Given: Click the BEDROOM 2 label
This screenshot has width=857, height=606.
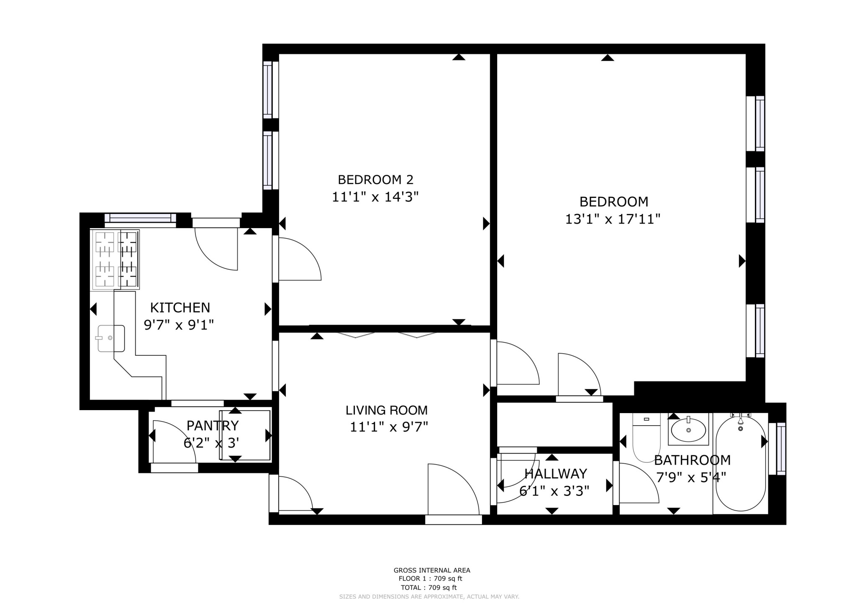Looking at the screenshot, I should point(375,180).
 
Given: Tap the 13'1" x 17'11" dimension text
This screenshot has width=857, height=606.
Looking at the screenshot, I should point(613,219).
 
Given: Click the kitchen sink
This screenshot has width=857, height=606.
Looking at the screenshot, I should point(111,338).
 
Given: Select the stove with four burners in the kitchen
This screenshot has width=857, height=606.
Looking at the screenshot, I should point(115,259).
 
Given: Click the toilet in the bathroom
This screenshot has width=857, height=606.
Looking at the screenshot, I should point(646,437).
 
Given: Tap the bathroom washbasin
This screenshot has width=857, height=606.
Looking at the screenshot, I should point(688,430).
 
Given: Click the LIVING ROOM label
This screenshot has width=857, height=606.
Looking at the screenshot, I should point(387,410).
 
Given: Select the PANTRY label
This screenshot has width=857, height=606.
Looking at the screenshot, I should point(213,426).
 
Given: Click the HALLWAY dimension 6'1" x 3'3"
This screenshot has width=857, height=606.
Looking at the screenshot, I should point(554,491).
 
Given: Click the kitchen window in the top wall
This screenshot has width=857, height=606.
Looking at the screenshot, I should point(140,218).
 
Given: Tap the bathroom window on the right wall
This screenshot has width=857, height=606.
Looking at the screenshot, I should point(781,448).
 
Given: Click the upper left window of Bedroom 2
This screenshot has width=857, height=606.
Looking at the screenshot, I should point(268,90).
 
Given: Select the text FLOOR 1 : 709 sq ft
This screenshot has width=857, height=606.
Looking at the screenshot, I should point(430,579).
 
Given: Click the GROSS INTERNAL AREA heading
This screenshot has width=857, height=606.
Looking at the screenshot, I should point(431,570).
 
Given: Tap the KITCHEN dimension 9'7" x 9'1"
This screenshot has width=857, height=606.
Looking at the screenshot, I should point(179,325).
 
